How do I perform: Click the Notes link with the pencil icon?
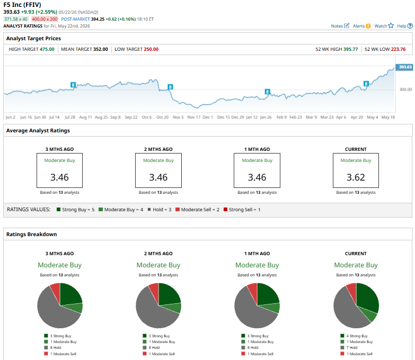point(340,26)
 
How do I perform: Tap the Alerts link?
point(361,26)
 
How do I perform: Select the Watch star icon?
point(391,25)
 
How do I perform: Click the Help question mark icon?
point(410,26)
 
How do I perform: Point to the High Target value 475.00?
point(47,49)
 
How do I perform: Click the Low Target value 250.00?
point(151,49)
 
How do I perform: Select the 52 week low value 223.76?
point(398,49)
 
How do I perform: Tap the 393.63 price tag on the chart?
point(404,67)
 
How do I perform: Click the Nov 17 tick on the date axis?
point(194,117)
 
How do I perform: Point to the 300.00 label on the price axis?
point(405,89)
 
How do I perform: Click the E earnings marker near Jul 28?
point(73,85)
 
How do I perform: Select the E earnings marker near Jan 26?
point(268,92)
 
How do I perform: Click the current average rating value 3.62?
point(356,177)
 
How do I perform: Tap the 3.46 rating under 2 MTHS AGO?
point(158,177)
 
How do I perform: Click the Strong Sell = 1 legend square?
point(225,209)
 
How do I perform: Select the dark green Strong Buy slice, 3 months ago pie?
point(69,294)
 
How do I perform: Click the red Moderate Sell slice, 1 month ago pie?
point(253,289)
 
